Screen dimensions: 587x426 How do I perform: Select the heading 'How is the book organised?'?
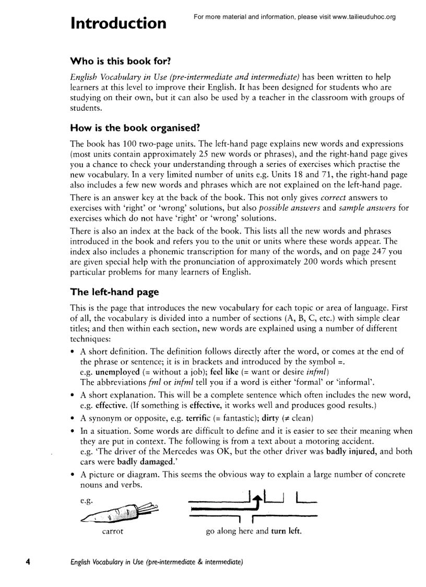point(135,128)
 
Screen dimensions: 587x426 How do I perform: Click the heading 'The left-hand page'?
point(114,292)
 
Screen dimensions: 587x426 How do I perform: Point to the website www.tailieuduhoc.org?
point(363,17)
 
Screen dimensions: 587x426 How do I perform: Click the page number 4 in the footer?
point(28,562)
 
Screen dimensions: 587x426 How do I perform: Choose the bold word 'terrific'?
point(198,419)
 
